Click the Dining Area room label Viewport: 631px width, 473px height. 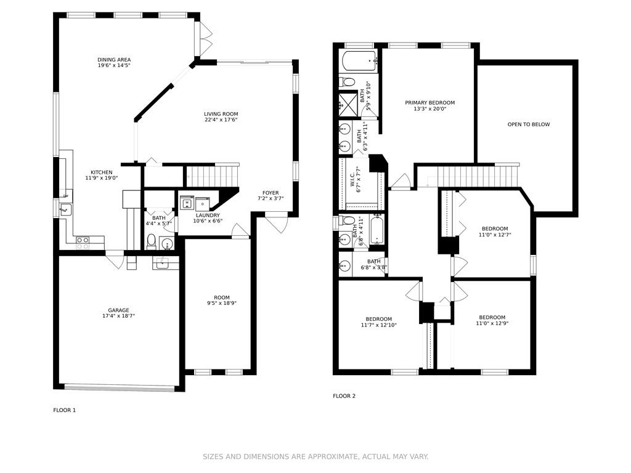point(114,60)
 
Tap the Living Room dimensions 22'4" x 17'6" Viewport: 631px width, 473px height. point(221,119)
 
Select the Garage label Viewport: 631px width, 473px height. point(118,310)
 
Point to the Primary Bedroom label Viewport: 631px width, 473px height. point(429,103)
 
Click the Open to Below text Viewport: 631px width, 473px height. point(528,124)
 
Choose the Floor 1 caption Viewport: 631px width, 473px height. point(64,410)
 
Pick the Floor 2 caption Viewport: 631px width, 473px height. point(344,396)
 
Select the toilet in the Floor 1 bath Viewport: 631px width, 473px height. point(152,241)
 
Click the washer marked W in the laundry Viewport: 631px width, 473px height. point(187,203)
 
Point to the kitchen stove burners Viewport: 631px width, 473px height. point(83,243)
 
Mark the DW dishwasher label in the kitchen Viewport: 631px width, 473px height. point(65,196)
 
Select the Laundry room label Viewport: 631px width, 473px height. point(207,215)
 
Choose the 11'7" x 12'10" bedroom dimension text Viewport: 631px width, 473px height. point(379,325)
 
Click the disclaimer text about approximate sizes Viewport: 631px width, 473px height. point(315,456)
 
